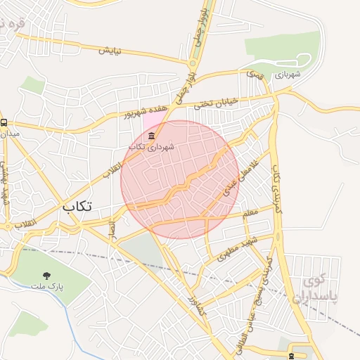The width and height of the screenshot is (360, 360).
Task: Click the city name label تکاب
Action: (x=77, y=207)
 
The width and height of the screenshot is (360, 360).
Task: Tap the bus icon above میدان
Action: (x=5, y=121)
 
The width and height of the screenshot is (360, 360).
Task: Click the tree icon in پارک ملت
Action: (x=46, y=276)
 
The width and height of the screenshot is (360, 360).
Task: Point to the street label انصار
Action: (x=112, y=228)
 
